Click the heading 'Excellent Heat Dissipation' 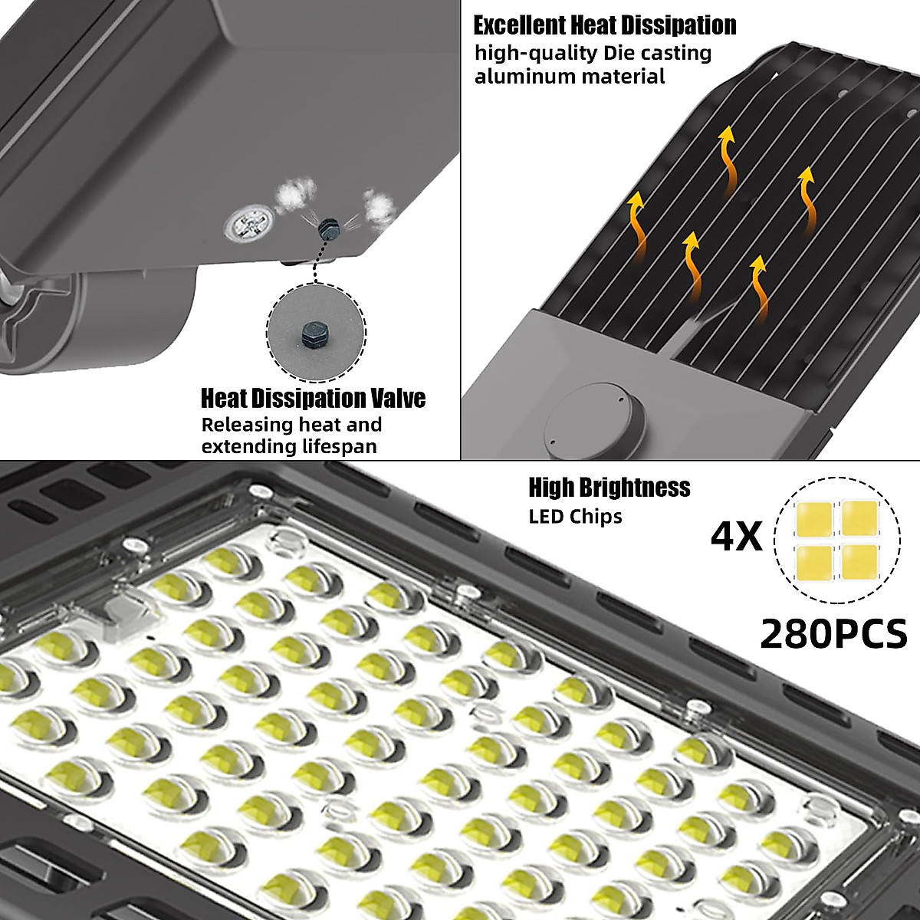[604, 25]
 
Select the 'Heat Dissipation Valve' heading [313, 399]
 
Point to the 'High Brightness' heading [609, 488]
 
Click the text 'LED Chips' [575, 516]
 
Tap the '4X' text [736, 537]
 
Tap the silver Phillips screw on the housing [250, 225]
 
